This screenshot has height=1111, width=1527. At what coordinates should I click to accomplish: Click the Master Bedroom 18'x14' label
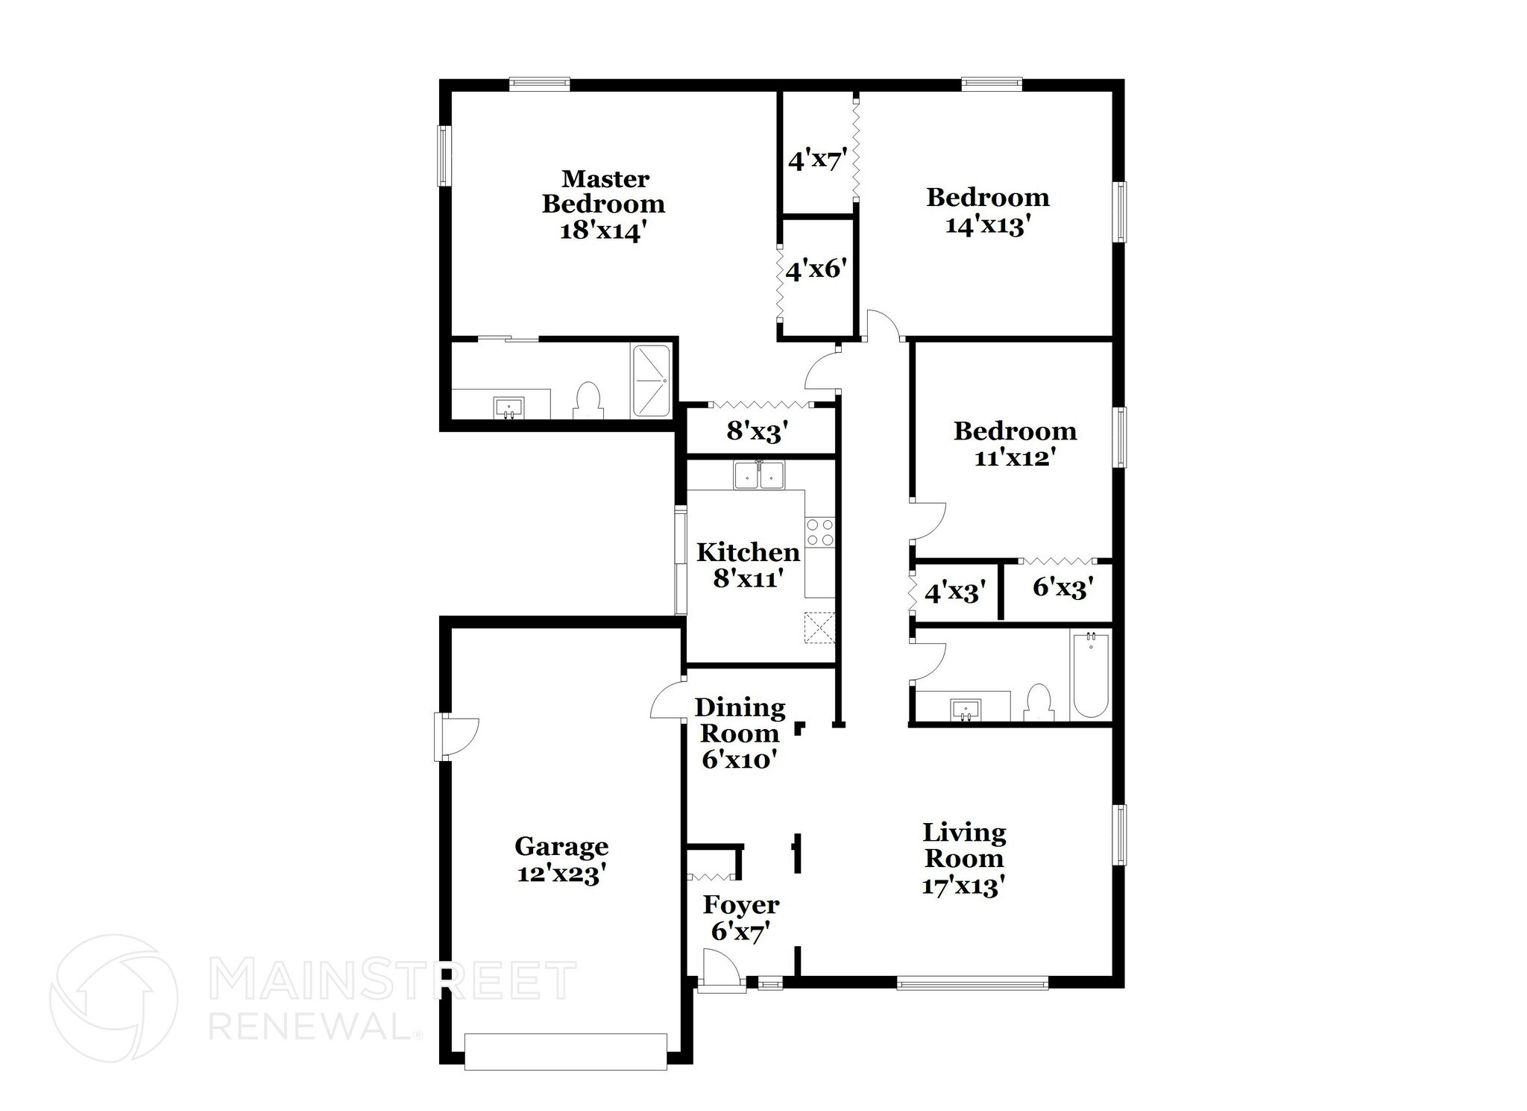pyautogui.click(x=603, y=204)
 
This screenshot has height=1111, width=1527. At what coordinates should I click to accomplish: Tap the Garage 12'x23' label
pyautogui.click(x=561, y=860)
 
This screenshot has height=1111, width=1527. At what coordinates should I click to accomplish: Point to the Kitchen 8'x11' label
pyautogui.click(x=748, y=564)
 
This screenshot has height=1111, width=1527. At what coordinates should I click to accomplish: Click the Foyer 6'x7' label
pyautogui.click(x=741, y=918)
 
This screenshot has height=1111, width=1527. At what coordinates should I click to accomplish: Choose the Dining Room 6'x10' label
pyautogui.click(x=740, y=733)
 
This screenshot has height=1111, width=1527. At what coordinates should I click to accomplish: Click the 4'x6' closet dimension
pyautogui.click(x=816, y=269)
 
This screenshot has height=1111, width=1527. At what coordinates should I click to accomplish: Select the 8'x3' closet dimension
pyautogui.click(x=758, y=431)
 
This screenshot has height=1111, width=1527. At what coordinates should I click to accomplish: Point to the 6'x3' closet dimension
pyautogui.click(x=1062, y=589)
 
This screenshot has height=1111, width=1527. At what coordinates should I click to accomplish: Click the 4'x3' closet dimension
pyautogui.click(x=955, y=592)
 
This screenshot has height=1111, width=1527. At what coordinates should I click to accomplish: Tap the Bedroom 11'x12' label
pyautogui.click(x=1015, y=443)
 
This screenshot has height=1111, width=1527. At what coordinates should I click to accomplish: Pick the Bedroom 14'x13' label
pyautogui.click(x=988, y=210)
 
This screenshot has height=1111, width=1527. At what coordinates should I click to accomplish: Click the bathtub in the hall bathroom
pyautogui.click(x=1090, y=674)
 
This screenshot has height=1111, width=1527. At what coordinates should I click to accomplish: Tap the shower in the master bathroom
pyautogui.click(x=651, y=381)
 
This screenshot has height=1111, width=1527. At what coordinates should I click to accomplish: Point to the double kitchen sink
pyautogui.click(x=759, y=475)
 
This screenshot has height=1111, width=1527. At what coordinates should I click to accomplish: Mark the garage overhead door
pyautogui.click(x=565, y=1051)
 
